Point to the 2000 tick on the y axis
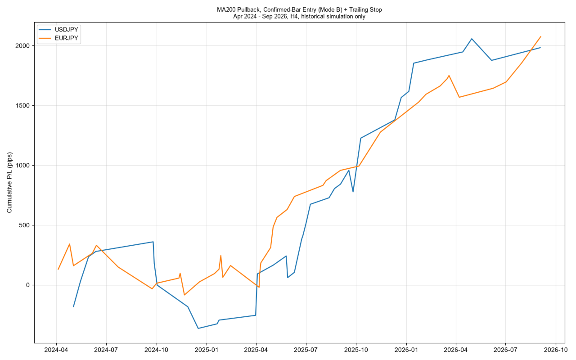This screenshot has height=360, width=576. (22, 46)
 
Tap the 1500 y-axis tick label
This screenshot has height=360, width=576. (22, 106)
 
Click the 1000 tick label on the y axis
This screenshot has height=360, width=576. (22, 165)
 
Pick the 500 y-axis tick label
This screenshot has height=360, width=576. (24, 225)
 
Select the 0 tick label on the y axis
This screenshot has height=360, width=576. (28, 285)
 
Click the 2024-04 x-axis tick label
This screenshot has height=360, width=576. (56, 350)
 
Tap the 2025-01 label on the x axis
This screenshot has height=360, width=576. (207, 350)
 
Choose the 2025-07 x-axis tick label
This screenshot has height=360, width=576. (306, 350)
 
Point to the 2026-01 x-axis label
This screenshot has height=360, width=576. (406, 350)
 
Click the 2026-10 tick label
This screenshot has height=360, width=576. (556, 350)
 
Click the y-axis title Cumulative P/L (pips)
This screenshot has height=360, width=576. (9, 183)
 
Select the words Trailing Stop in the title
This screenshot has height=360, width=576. (365, 10)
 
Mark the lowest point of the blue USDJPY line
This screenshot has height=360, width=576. (198, 328)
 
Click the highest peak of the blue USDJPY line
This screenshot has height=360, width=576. (472, 39)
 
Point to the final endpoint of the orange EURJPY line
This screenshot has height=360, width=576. (541, 36)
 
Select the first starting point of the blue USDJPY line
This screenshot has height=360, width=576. (73, 307)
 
